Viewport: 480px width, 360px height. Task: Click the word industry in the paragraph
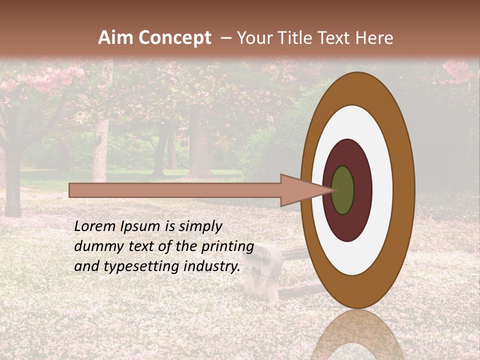tap(212, 266)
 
